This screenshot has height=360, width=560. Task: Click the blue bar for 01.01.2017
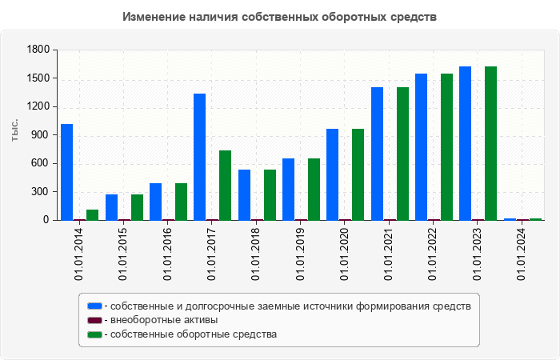coord(199,157)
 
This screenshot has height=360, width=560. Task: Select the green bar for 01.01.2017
coord(226,185)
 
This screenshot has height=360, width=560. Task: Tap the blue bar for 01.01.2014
coord(66,172)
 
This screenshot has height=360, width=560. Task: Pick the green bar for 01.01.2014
coord(93,214)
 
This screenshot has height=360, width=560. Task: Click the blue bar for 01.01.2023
coord(465,143)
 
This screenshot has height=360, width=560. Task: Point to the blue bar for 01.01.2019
coord(288,189)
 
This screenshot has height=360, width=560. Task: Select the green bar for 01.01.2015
coord(137,207)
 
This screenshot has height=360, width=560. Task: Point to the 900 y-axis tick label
coord(41,135)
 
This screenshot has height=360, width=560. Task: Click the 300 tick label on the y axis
coord(41,192)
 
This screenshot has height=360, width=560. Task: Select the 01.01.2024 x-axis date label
coord(522,255)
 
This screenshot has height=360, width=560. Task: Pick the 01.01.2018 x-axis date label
coord(256,255)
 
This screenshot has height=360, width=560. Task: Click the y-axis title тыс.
coord(15,130)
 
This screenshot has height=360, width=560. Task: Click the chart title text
coord(280,16)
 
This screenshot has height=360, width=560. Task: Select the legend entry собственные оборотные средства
coord(193,334)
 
